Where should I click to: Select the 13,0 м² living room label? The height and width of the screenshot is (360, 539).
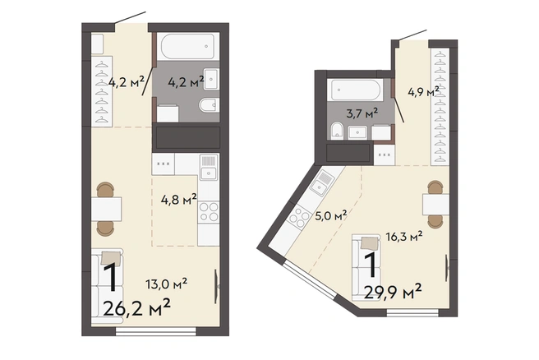click(166, 284)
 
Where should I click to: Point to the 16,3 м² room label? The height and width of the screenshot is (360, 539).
click(404, 236)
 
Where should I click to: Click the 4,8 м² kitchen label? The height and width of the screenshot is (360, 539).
click(179, 199)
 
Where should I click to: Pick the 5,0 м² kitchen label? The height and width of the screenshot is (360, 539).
click(330, 216)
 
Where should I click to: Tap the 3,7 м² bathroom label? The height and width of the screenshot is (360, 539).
click(362, 113)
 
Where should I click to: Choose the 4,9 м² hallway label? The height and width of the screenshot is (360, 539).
click(423, 92)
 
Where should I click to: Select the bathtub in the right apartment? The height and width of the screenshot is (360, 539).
click(355, 90)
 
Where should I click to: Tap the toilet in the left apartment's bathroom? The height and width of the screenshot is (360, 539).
click(210, 104)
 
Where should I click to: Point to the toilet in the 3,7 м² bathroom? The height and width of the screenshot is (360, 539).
click(337, 131)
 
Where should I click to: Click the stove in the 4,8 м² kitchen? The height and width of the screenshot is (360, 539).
click(209, 211)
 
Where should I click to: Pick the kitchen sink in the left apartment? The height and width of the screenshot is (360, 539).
click(209, 168)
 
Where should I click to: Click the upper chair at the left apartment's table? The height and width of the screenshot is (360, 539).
click(105, 190)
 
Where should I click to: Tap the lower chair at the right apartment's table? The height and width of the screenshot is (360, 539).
click(435, 222)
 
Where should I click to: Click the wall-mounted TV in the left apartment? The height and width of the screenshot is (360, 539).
click(217, 286)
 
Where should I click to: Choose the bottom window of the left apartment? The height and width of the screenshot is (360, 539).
click(156, 331)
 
